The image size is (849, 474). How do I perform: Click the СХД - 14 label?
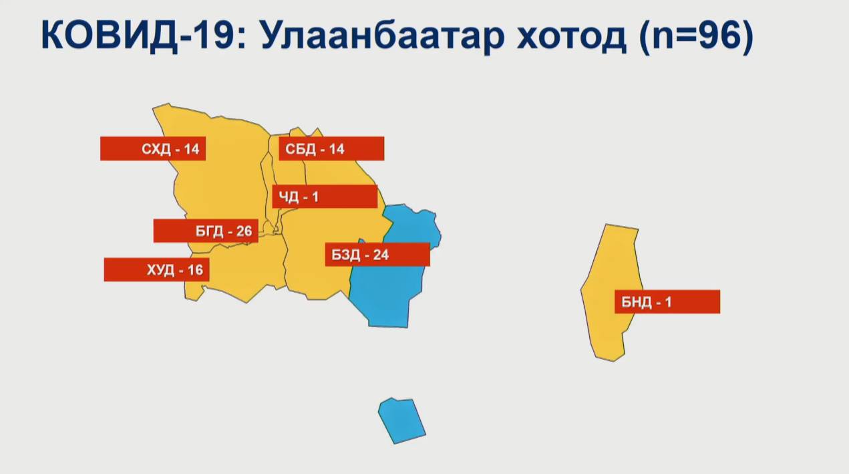coord(153,148)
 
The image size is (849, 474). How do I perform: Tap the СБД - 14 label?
coord(331,148)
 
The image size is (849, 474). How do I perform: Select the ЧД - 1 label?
coord(325,197)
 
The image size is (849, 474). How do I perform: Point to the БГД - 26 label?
coord(206,231)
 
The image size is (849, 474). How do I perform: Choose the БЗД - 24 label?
coord(377,255)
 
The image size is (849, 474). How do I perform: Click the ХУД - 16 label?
coord(156,269)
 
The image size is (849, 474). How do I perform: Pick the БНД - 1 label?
coord(667,302)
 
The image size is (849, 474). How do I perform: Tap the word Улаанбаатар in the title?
coord(383,37)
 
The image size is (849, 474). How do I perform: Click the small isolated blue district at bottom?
coord(401,421)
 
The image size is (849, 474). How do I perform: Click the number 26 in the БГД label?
coord(244,231)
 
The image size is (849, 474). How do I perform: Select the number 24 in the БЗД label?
coord(381,255)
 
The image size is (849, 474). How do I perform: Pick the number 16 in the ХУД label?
coord(195,270)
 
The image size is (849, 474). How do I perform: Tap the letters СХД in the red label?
coord(156,149)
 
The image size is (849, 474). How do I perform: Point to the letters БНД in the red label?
coord(636,302)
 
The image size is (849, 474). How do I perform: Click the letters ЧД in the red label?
coord(289,197)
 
